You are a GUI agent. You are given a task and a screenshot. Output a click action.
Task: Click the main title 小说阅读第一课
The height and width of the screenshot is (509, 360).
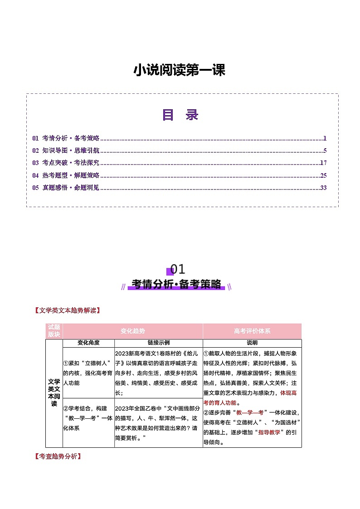(180, 70)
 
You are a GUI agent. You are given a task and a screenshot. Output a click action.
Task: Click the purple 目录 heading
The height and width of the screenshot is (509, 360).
(180, 115)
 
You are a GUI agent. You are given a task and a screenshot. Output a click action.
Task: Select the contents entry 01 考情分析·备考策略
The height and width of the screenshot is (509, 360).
(66, 138)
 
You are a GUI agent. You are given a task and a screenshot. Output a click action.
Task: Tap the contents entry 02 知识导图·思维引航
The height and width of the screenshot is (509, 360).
(66, 150)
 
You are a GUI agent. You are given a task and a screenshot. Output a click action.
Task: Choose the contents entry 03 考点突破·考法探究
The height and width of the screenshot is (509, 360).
(66, 163)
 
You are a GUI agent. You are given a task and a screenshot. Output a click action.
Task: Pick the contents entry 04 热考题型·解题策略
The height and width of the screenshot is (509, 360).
(66, 175)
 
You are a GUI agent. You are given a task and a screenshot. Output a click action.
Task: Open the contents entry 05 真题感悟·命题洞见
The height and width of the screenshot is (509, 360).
(66, 188)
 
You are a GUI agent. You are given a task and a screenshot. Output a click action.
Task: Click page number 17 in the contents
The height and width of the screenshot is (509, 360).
(323, 163)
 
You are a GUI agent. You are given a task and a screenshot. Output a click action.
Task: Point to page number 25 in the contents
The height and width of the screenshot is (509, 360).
(323, 175)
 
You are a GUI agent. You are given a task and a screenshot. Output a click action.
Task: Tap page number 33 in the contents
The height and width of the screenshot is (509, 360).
(323, 188)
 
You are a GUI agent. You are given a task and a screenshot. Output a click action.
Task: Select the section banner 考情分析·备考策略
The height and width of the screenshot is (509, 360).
(176, 285)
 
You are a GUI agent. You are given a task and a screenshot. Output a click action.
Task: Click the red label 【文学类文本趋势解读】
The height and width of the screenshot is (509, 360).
(67, 310)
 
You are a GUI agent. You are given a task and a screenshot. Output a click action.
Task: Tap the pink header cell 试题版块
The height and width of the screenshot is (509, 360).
(54, 331)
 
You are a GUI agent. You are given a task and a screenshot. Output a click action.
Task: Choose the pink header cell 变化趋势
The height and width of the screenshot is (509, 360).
(133, 331)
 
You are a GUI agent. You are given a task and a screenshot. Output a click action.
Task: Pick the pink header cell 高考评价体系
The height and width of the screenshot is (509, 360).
(252, 331)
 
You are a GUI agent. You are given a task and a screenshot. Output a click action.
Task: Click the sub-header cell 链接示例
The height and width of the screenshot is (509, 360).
(159, 343)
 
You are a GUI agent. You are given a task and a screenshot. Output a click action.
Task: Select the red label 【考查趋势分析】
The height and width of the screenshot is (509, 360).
(58, 456)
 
